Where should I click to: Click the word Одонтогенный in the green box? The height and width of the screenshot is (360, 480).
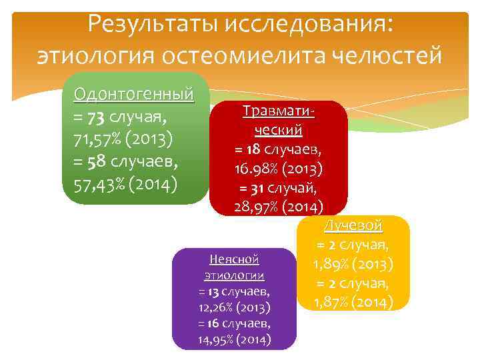(x=135, y=93)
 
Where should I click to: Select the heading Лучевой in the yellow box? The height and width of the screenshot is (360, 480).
(x=353, y=225)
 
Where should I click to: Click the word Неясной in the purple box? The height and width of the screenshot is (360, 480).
(x=233, y=259)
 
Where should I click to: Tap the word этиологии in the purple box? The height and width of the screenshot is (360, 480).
(x=233, y=275)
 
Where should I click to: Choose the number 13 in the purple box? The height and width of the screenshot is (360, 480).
(x=213, y=292)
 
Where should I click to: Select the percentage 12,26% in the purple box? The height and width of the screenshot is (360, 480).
(x=219, y=308)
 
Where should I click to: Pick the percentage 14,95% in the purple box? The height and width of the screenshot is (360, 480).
(x=219, y=340)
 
